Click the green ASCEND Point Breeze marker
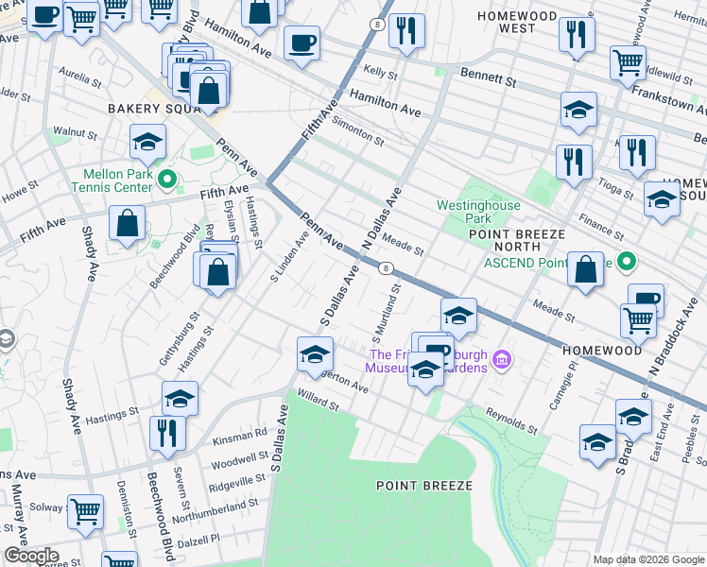[626, 262]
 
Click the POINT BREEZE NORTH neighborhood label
[515, 240]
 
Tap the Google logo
[30, 556]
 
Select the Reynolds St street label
[510, 421]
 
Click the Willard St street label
[317, 398]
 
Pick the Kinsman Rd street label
[240, 437]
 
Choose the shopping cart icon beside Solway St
[85, 510]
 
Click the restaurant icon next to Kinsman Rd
[167, 432]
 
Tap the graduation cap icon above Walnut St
[147, 141]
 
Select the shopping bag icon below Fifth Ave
[127, 225]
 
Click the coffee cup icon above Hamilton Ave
[302, 43]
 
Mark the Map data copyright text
[647, 559]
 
